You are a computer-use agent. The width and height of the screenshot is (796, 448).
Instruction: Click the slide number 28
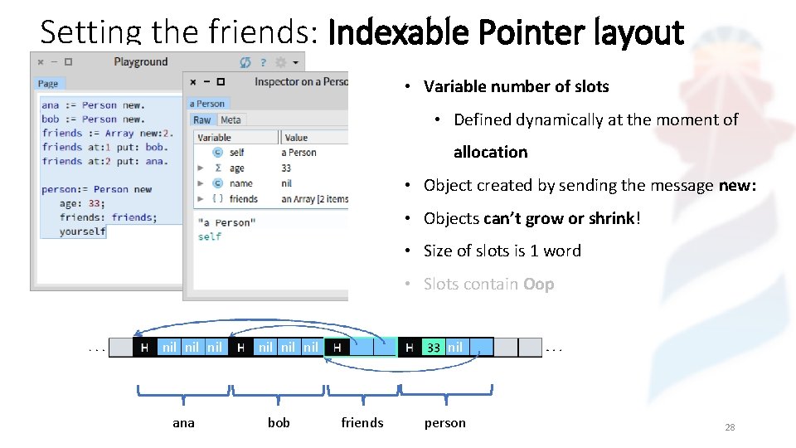click(x=730, y=427)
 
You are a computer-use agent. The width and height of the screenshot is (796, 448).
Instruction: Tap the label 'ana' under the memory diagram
click(x=183, y=423)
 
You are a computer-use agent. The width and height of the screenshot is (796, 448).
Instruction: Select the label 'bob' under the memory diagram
click(x=279, y=423)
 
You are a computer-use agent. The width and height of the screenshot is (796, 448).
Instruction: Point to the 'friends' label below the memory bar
click(x=362, y=423)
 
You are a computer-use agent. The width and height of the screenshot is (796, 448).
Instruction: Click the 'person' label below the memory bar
click(x=445, y=423)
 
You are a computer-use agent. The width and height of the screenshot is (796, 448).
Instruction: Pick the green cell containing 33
click(x=434, y=348)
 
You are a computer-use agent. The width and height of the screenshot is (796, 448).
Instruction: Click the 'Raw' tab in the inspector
click(x=202, y=120)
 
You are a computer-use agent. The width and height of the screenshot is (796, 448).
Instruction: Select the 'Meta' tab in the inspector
click(x=231, y=120)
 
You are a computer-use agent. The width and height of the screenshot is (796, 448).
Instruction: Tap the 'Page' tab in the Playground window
click(x=48, y=84)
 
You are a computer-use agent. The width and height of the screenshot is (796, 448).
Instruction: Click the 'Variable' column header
click(x=215, y=138)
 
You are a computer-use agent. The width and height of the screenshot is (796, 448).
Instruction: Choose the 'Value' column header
click(x=296, y=138)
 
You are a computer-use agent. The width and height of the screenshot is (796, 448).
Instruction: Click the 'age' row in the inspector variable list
click(x=237, y=168)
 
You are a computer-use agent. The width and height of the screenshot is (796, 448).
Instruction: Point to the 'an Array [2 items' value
click(x=314, y=199)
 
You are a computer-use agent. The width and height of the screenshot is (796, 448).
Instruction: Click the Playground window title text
click(x=140, y=62)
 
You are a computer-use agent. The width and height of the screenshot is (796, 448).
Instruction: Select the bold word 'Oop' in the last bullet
click(x=538, y=285)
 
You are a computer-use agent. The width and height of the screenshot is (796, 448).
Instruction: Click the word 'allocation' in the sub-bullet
click(x=490, y=153)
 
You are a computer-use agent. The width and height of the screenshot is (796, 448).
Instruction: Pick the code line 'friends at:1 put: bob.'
click(x=104, y=147)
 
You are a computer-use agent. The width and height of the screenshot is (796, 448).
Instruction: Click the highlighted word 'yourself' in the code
click(x=82, y=231)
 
